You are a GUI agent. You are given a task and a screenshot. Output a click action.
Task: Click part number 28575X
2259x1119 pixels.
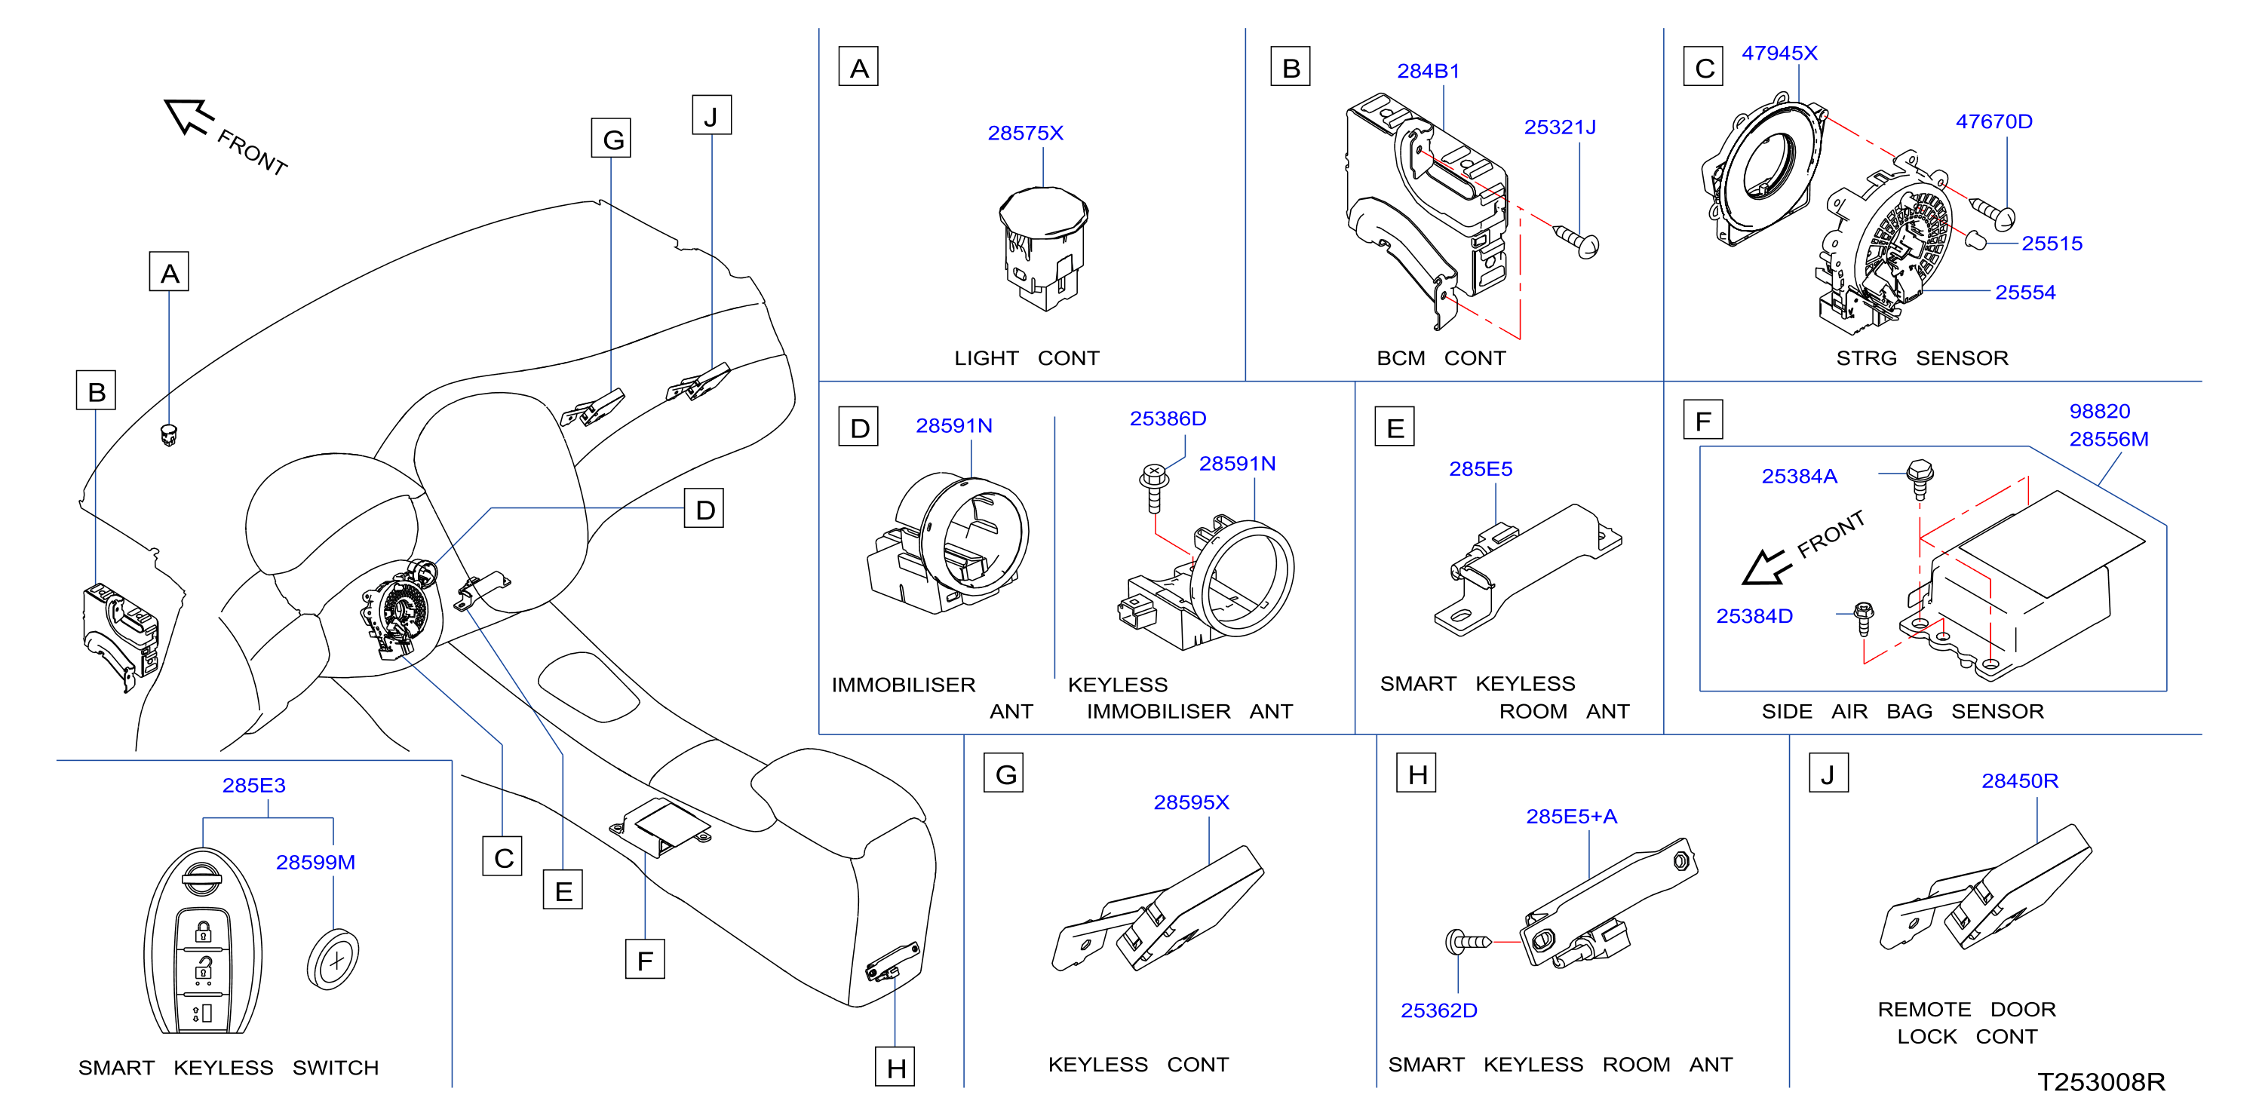click(1025, 133)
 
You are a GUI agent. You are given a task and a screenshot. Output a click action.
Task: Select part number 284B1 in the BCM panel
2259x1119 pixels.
click(1428, 71)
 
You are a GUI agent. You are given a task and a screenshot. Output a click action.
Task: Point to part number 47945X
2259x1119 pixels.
click(1779, 54)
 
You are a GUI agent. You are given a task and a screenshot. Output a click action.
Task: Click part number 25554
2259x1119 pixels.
click(2025, 293)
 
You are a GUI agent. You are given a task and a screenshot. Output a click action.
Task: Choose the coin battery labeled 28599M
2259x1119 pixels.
click(333, 958)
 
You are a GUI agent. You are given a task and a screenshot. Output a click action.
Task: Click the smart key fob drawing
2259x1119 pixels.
click(203, 941)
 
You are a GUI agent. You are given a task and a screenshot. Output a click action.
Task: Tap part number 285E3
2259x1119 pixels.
click(253, 786)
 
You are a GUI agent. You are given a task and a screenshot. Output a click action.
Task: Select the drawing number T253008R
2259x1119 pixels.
click(2101, 1082)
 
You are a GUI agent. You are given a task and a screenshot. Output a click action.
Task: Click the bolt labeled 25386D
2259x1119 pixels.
click(1154, 486)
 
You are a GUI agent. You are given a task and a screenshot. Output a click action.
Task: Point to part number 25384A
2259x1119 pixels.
click(1800, 477)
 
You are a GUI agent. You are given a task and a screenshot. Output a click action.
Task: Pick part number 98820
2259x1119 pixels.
click(2099, 411)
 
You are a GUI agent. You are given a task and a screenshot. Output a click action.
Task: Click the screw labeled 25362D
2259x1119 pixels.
click(1468, 942)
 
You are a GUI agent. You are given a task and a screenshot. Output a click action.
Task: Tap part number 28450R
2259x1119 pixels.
click(2020, 781)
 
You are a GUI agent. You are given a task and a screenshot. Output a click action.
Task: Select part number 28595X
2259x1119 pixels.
click(1191, 803)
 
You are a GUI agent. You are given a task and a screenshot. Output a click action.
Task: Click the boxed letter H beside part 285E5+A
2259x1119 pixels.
click(1416, 774)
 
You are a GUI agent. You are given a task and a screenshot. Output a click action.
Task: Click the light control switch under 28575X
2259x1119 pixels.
click(1044, 249)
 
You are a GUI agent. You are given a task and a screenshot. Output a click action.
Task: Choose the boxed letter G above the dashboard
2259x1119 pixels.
click(611, 139)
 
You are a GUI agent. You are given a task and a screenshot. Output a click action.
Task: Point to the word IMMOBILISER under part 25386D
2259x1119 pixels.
click(1159, 711)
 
